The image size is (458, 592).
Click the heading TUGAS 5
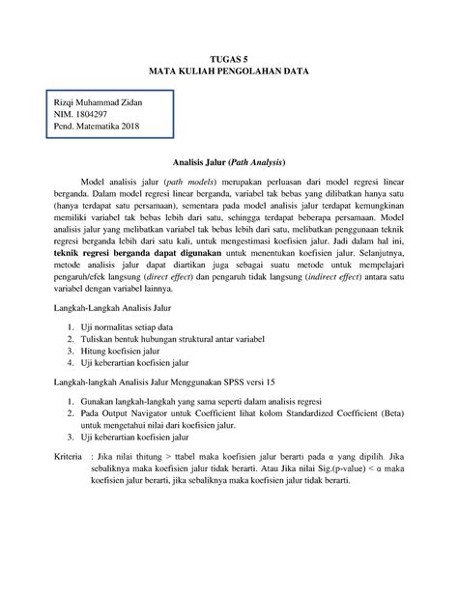(x=229, y=59)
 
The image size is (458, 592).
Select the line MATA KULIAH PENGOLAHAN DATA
(x=229, y=72)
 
